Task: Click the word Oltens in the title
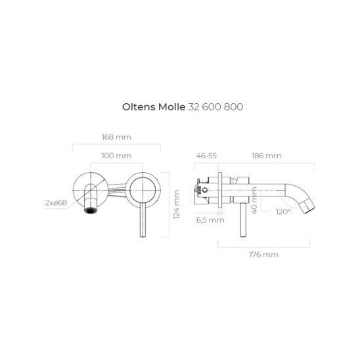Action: (139, 107)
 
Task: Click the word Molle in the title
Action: (171, 107)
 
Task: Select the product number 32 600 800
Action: (215, 107)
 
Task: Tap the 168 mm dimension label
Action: (117, 137)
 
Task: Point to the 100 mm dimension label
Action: (116, 156)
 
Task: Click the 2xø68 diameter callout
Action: (56, 203)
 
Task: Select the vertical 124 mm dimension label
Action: (176, 205)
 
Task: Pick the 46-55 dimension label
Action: (206, 156)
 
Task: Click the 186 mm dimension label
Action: (266, 156)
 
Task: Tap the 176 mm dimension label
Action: (264, 254)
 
